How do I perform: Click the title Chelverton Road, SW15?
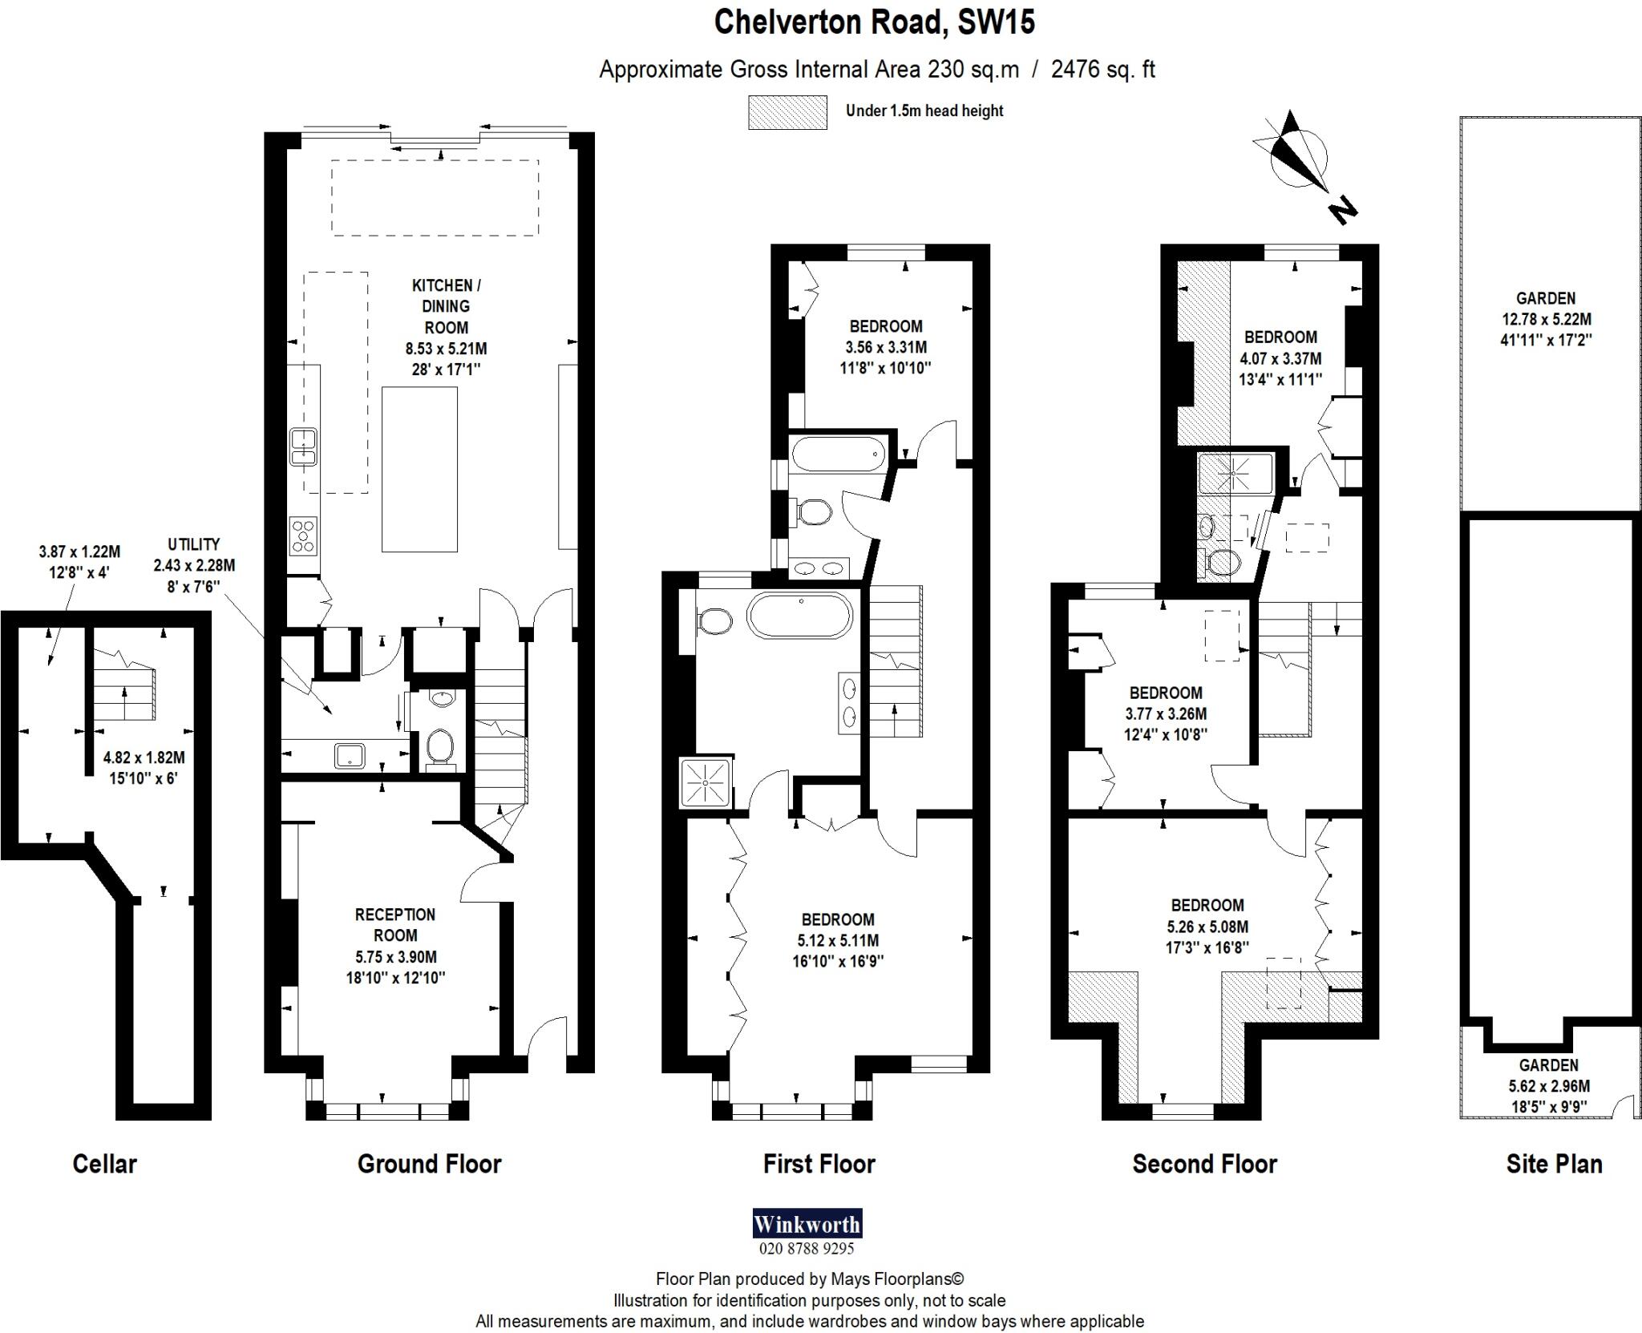(874, 22)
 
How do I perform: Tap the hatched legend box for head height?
(787, 112)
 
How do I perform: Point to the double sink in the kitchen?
(304, 447)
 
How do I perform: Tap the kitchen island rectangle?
(419, 469)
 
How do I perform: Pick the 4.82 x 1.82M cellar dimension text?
(144, 768)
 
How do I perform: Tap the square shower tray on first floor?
(706, 781)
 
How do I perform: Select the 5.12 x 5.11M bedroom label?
(838, 940)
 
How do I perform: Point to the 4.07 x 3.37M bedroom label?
(1280, 358)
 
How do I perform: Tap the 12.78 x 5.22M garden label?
(1545, 318)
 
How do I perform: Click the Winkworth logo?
(807, 1224)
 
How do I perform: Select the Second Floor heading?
(1203, 1164)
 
